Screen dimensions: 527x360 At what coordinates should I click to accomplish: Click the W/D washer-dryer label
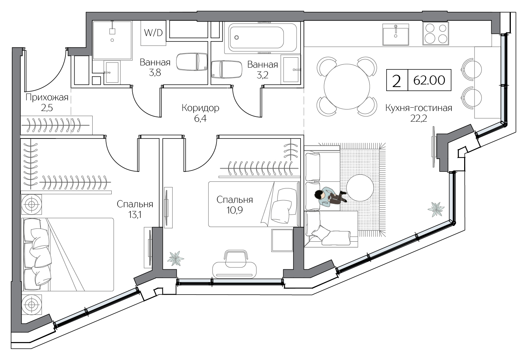click(x=153, y=33)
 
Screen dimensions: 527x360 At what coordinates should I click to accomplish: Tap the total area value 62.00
click(x=429, y=80)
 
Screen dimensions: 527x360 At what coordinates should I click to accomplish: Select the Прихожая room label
click(x=47, y=97)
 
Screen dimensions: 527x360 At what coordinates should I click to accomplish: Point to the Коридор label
click(x=200, y=108)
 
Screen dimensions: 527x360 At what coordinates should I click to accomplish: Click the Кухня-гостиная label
click(x=419, y=108)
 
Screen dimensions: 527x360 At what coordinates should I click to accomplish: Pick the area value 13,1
click(x=135, y=215)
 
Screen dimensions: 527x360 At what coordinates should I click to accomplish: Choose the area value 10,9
click(x=234, y=210)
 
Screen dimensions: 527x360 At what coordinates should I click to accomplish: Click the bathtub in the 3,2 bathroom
click(x=261, y=37)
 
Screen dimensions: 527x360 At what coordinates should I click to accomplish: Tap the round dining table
click(x=347, y=87)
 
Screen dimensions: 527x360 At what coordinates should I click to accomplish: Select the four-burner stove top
click(x=436, y=33)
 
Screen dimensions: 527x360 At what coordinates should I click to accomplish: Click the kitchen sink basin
click(x=395, y=34)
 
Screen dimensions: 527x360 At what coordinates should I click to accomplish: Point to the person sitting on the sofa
click(x=330, y=197)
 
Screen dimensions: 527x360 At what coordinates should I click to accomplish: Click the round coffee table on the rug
click(x=360, y=188)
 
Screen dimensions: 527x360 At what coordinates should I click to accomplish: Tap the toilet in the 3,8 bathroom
click(x=192, y=62)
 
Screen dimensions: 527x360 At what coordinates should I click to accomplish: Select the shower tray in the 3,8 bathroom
click(x=112, y=40)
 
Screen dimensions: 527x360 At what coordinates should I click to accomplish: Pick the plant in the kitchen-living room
click(x=436, y=209)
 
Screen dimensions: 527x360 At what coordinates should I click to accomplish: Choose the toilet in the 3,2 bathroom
click(x=226, y=69)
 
